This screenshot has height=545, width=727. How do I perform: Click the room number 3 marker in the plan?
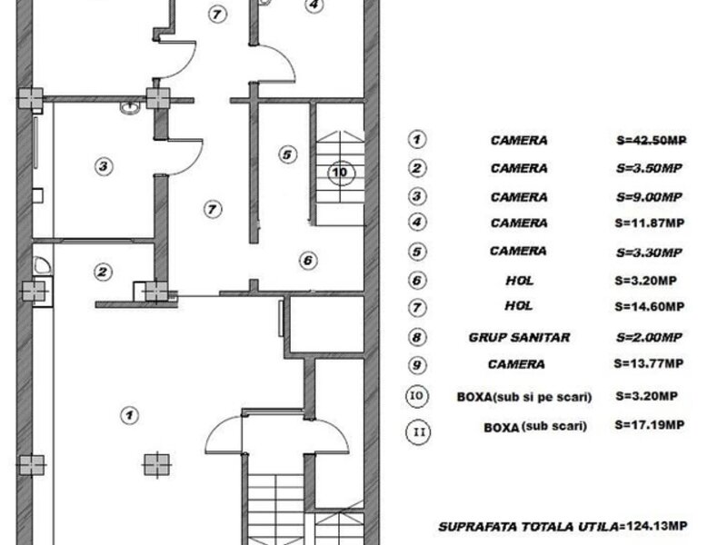click(104, 166)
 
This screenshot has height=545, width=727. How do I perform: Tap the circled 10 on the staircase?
click(341, 173)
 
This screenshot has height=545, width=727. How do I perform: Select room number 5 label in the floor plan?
click(287, 154)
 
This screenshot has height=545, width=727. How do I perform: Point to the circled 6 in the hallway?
click(308, 261)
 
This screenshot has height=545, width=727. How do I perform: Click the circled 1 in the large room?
click(129, 415)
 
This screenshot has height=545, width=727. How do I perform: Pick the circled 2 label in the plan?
click(103, 272)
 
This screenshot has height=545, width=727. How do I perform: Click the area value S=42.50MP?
click(652, 141)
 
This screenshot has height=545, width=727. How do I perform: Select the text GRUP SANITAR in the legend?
click(519, 337)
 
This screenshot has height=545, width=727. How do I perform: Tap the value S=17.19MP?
click(650, 425)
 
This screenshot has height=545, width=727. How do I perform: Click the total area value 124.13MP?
click(657, 526)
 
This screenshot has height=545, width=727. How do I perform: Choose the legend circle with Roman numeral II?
click(418, 432)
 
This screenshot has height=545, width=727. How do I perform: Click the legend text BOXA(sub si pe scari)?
click(524, 397)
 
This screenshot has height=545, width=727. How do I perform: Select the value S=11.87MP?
click(650, 223)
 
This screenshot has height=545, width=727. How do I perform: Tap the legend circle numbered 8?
click(417, 337)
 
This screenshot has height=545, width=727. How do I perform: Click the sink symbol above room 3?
click(130, 107)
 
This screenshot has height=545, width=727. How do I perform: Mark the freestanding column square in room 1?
click(156, 464)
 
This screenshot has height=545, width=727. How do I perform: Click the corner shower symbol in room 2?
click(42, 265)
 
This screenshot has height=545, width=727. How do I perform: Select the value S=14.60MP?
click(650, 306)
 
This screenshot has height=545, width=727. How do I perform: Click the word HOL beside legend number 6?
click(520, 281)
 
